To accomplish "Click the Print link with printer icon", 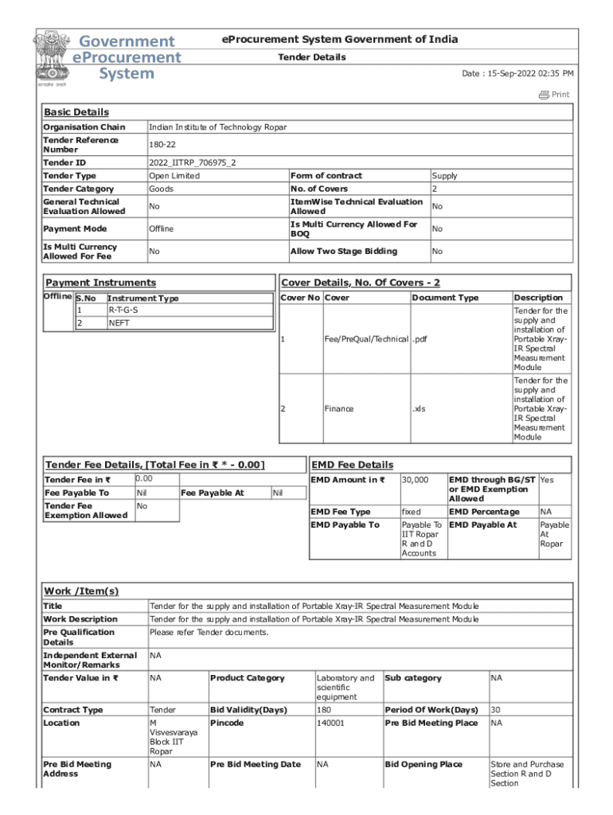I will point(554,95).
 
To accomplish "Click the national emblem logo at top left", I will point(50,57).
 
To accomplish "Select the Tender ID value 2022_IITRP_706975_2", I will point(192,162).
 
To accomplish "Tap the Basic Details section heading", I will point(76,112).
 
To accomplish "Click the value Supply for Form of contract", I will point(444,176).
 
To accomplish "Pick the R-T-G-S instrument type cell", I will point(123,310).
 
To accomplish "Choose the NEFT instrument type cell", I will point(119,324).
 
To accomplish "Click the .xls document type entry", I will point(419,409).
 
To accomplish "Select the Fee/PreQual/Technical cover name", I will point(366,340).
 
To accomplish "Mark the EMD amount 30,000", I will point(415,480).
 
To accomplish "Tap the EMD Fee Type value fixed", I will point(411,512).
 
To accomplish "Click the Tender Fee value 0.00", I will point(144,478).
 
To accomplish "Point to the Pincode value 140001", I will point(330,723).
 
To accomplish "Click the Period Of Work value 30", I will point(496,710).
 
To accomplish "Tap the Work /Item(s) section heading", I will point(81,591).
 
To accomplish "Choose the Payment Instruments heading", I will point(101,283).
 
